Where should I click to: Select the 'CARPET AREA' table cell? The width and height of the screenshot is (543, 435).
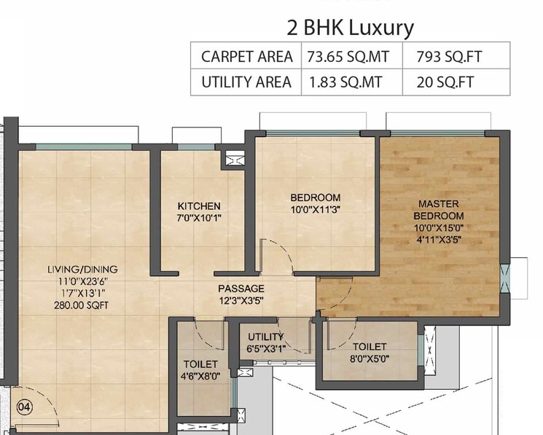click(x=246, y=56)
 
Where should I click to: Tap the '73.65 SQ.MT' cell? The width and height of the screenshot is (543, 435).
click(x=351, y=56)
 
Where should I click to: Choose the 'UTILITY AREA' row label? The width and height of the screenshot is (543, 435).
click(x=246, y=82)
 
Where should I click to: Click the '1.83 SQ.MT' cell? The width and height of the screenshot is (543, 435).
click(x=351, y=82)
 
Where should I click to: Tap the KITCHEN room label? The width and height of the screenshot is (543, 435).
click(x=198, y=206)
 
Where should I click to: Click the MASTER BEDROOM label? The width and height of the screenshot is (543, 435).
click(x=438, y=210)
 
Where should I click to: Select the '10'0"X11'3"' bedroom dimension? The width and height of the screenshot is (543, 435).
click(x=315, y=210)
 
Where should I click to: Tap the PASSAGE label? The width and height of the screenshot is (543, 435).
click(x=241, y=289)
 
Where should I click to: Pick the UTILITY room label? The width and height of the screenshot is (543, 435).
click(x=265, y=337)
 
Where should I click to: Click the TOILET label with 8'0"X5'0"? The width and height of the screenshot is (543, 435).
click(x=369, y=347)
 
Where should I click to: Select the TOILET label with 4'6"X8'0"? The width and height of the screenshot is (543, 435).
click(x=200, y=364)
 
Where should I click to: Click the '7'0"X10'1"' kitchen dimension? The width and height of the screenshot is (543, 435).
click(x=198, y=218)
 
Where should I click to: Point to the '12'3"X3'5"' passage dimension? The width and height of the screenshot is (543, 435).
click(x=241, y=300)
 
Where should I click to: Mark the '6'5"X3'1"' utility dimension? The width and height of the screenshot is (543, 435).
click(x=265, y=348)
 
